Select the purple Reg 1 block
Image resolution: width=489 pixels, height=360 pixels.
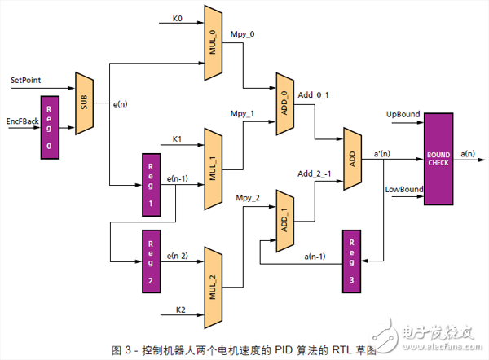[151, 184]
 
